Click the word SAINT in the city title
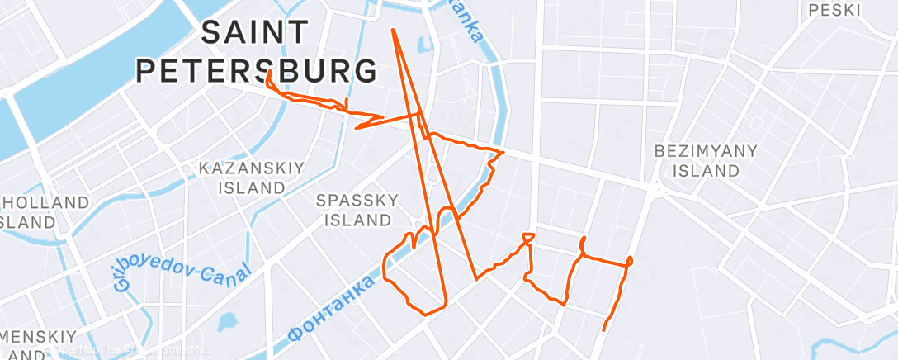(x=254, y=34)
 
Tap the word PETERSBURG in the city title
(x=256, y=71)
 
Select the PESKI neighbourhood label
(x=835, y=11)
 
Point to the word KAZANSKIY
(x=252, y=168)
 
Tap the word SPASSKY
(x=358, y=200)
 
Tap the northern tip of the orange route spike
(x=393, y=31)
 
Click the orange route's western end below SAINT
(x=269, y=73)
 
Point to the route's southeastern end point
(x=604, y=329)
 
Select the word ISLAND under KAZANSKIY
(x=252, y=187)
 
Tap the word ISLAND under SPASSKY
(x=357, y=220)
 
